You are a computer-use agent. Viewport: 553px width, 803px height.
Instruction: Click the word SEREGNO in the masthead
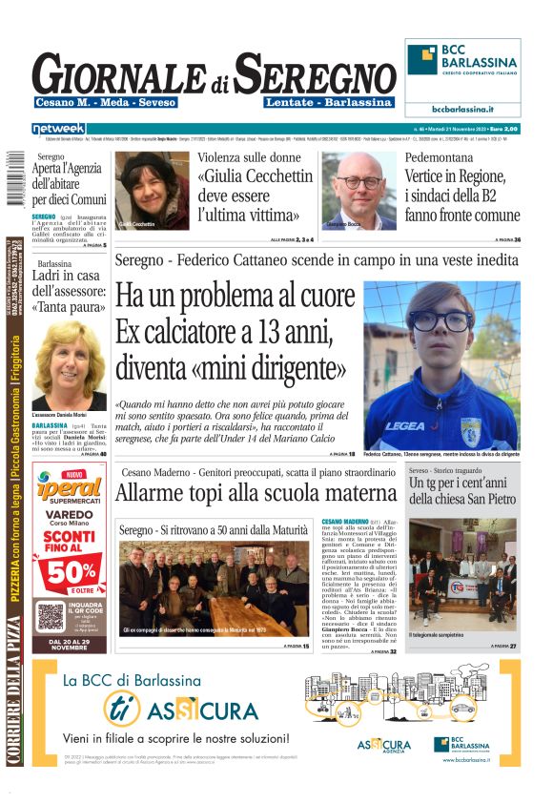[x=315, y=73]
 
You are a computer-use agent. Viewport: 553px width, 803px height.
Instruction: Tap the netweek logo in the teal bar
[x=58, y=128]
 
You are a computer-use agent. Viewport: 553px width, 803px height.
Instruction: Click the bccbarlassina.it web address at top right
[x=462, y=109]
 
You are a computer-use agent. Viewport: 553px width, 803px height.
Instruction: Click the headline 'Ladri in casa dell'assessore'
[x=69, y=294]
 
